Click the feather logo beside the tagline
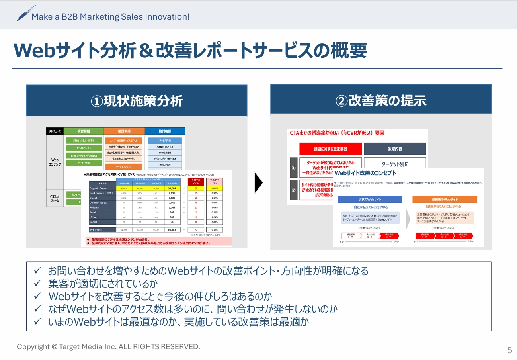26,14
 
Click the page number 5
509,350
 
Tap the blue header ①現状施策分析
137,101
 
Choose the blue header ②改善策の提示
380,101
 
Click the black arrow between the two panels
258,183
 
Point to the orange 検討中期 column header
124,131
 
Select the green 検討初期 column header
84,131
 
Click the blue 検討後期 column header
165,131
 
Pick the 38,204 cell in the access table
172,188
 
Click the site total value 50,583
172,230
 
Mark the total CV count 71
196,230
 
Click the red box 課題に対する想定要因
330,149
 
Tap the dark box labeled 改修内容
394,149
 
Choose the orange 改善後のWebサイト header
444,199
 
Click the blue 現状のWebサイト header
370,199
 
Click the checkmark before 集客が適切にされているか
37,284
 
